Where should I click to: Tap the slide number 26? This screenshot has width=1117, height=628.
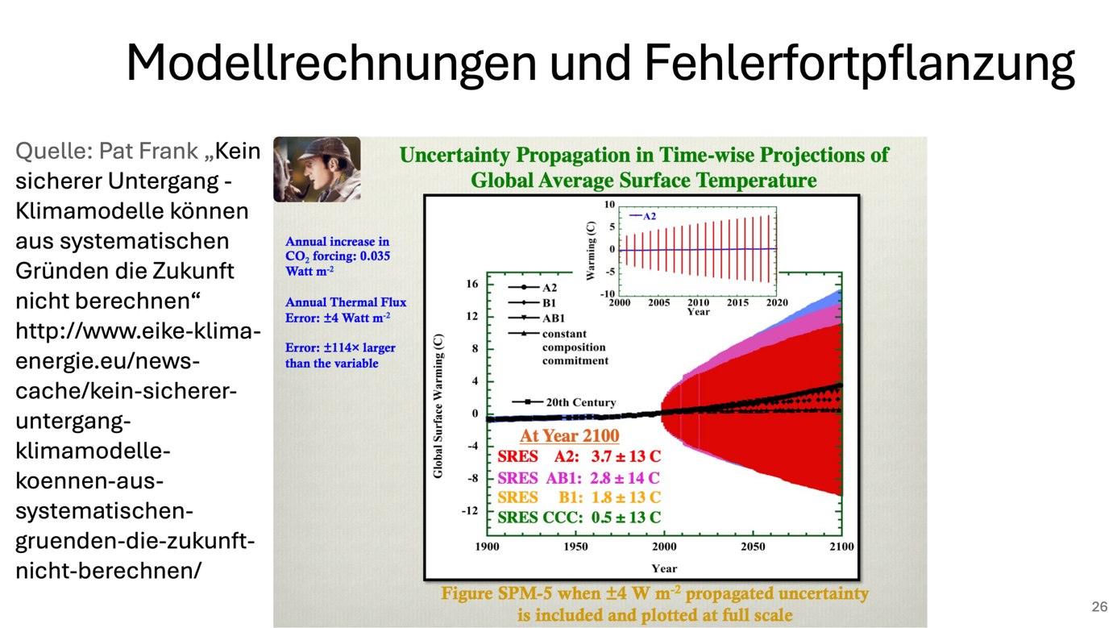pos(1099,606)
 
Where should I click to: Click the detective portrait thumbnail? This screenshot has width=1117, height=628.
pos(317,169)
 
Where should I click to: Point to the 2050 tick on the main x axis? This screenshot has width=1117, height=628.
pos(753,547)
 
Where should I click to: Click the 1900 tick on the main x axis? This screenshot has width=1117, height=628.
pos(487,547)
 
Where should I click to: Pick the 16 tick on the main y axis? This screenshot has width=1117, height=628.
pos(471,284)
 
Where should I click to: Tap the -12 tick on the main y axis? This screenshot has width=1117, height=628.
pos(469,511)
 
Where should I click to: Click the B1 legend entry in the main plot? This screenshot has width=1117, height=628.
pos(548,302)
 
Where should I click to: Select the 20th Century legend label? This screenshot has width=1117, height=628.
pos(580,401)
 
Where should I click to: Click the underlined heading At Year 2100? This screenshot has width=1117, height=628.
pos(569,435)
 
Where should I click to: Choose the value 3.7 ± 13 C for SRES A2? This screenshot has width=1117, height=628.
pos(625,456)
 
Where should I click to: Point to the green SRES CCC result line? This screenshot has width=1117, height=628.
pos(579,518)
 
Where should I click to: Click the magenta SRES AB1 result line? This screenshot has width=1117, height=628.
pos(579,477)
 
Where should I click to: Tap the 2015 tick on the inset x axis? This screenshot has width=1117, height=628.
pos(737,302)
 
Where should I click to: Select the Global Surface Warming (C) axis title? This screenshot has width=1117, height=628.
pos(438,406)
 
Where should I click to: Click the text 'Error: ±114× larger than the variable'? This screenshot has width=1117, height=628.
pos(340,356)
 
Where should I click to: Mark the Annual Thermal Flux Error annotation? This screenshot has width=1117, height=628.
pos(346,310)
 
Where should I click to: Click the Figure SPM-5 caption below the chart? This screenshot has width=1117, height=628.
pos(654,604)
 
